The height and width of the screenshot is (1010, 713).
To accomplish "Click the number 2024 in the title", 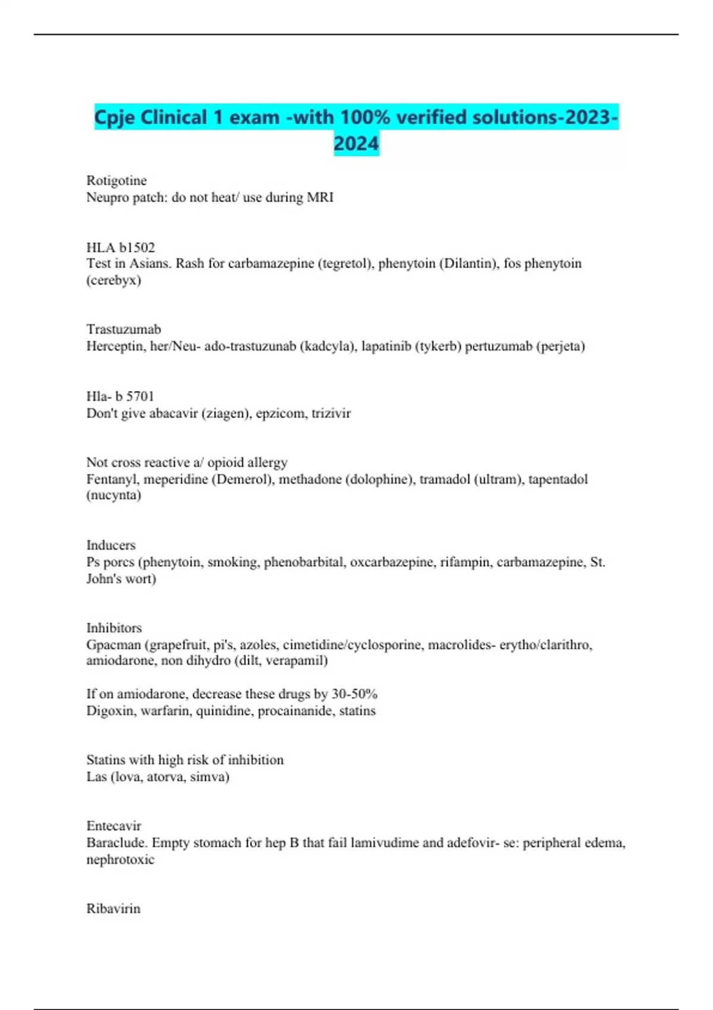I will point(356,144).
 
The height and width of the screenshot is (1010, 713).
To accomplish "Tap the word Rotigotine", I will point(116,180).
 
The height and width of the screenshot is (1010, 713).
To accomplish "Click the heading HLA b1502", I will point(121,247).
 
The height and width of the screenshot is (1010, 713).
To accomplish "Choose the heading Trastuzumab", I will point(124,329).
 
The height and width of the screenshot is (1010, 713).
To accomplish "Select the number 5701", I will point(140,396).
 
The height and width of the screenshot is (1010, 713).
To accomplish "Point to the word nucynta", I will point(113,495).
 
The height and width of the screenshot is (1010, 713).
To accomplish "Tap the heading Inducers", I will point(111,545).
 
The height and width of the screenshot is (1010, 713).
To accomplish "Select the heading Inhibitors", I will point(114,627).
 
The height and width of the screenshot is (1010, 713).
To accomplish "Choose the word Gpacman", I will point(113,644).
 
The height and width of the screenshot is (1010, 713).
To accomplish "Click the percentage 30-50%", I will point(355,694).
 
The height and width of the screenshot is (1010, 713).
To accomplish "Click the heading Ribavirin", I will point(113,908).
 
